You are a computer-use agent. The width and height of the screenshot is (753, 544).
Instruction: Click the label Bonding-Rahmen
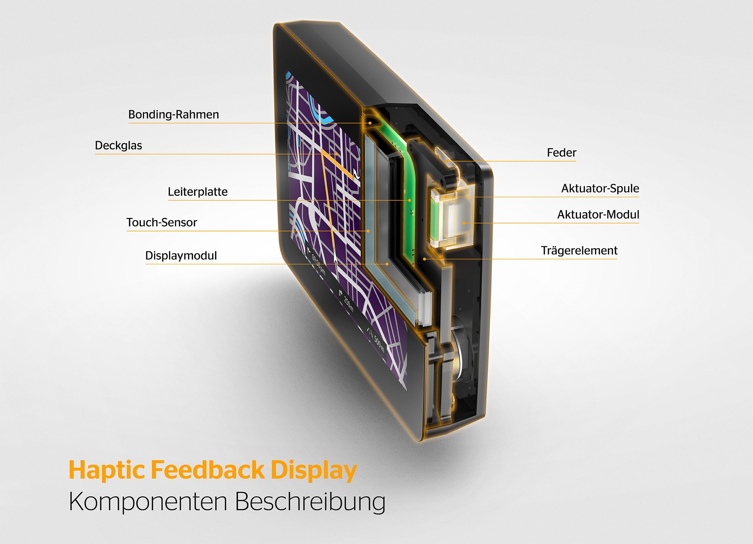174,114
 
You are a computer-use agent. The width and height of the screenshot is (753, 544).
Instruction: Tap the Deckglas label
118,146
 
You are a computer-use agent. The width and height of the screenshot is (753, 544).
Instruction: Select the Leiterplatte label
198,192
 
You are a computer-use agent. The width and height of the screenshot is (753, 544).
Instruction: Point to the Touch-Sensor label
162,223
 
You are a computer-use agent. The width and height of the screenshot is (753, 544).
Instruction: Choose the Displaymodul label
181,256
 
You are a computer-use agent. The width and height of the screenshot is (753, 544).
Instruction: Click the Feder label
561,153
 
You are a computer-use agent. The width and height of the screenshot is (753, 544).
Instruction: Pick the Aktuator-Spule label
600,189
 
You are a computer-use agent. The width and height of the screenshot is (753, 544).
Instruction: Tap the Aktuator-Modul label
598,215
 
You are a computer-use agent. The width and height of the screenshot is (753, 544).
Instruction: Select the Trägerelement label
579,251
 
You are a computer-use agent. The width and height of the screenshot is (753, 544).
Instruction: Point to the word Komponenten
148,502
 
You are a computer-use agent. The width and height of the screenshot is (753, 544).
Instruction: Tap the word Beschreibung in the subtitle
310,502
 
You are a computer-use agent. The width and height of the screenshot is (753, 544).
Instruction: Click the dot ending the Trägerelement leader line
424,259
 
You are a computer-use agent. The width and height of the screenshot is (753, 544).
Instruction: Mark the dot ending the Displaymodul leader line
387,264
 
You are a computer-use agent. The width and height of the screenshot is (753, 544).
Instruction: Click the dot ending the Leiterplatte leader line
410,200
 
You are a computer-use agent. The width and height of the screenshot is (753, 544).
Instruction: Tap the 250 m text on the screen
349,304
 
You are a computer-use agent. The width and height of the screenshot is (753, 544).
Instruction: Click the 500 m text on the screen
379,344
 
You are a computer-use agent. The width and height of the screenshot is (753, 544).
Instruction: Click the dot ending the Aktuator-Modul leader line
464,223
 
